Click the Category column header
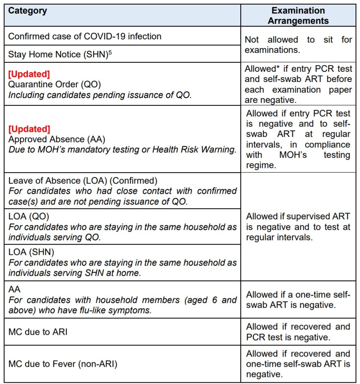[27, 11]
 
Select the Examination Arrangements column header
[298, 16]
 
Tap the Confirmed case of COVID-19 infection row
[85, 36]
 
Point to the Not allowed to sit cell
[298, 45]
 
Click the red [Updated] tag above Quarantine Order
[29, 74]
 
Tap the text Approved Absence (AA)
[57, 139]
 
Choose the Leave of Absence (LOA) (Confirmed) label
[82, 181]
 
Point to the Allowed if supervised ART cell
[298, 227]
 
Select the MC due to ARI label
[38, 332]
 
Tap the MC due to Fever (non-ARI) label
[63, 364]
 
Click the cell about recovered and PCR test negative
[298, 332]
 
